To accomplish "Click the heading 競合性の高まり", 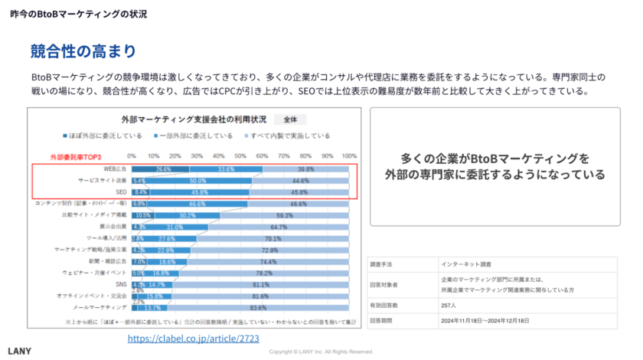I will point(83,52).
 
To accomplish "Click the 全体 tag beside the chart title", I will point(290,119).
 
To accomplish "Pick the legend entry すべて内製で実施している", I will point(292,136).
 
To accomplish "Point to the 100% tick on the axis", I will point(349,156).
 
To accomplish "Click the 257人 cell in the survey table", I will point(450,306).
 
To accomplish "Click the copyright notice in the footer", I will point(321,352).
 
